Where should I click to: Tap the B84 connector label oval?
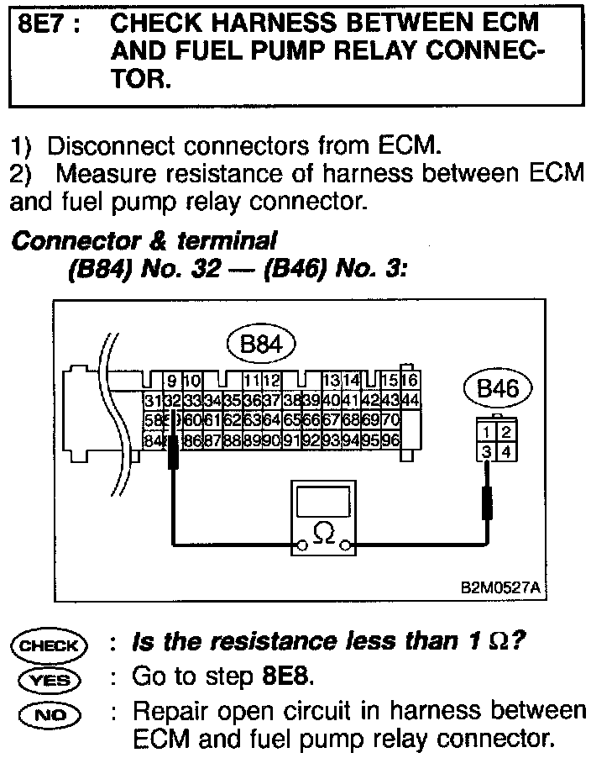click(x=260, y=344)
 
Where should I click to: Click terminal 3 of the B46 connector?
click(x=488, y=452)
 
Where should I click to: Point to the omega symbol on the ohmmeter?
click(x=322, y=533)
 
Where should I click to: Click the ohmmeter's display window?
click(x=322, y=504)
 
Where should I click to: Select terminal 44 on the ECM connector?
click(x=410, y=399)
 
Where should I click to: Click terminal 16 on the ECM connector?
click(x=410, y=379)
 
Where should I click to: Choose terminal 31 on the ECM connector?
click(x=152, y=399)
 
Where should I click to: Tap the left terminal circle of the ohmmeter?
click(x=298, y=547)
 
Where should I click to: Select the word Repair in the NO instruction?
click(x=170, y=711)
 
